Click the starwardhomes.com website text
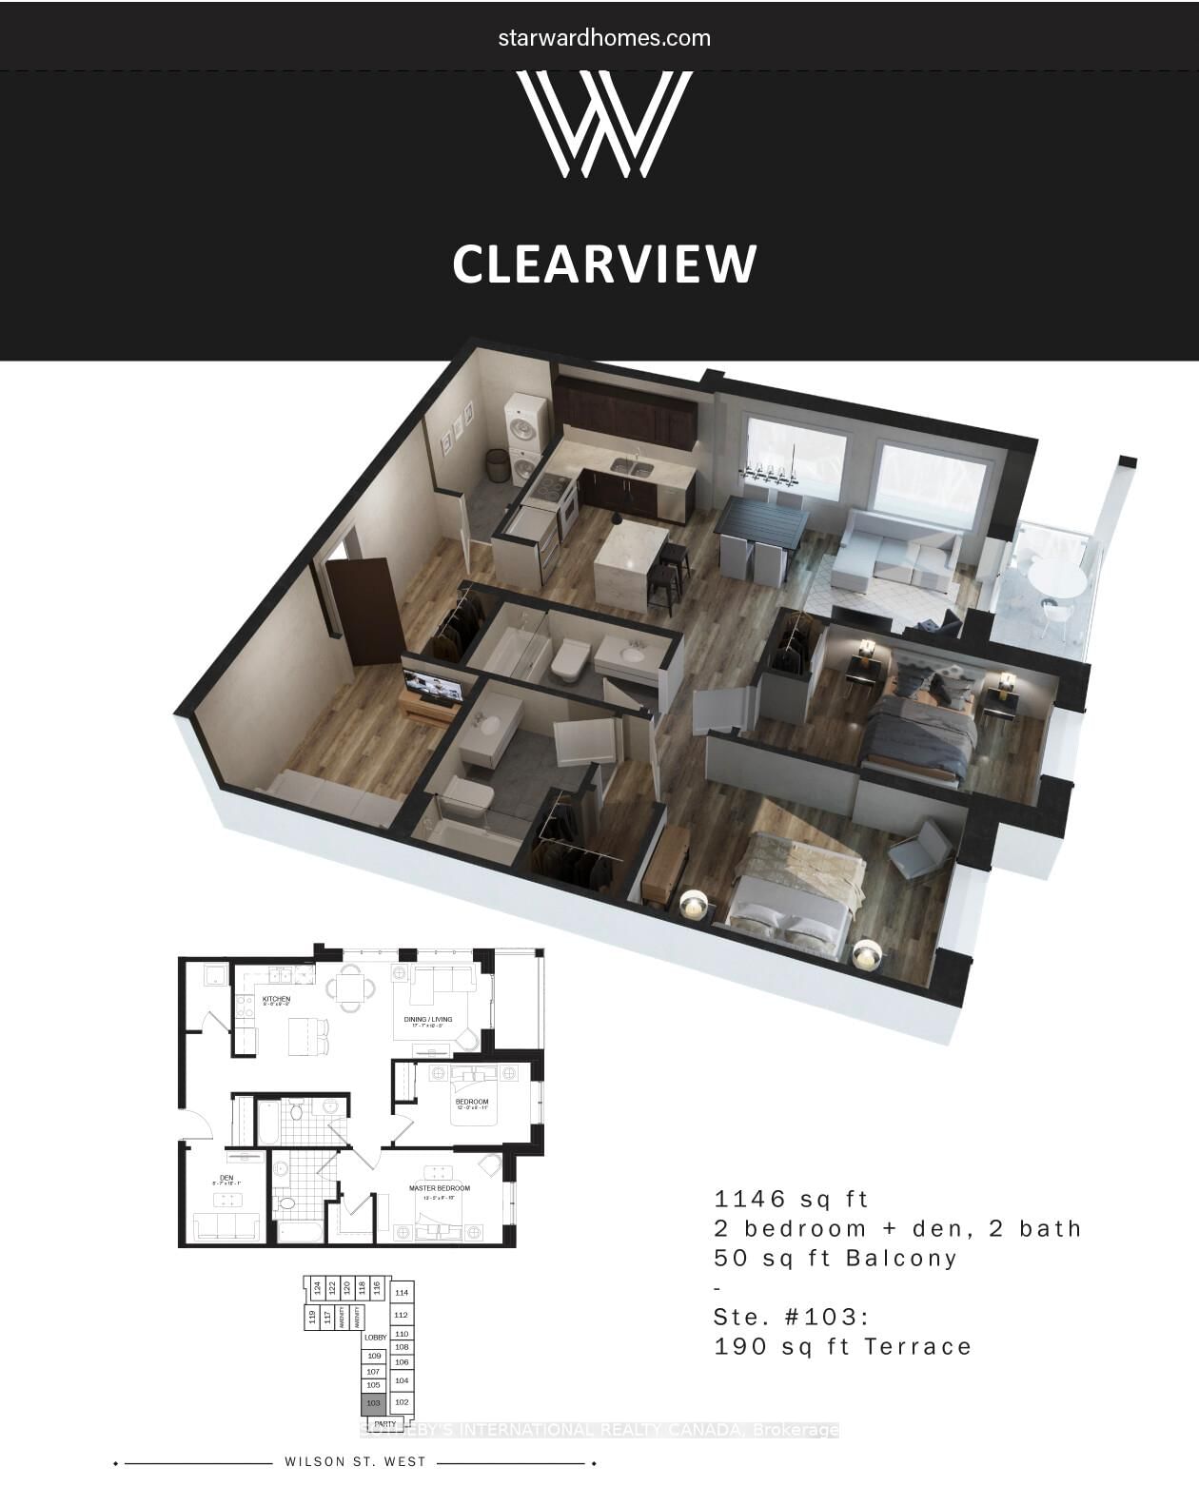pyautogui.click(x=604, y=38)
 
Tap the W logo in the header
pyautogui.click(x=604, y=124)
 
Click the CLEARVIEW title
pyautogui.click(x=604, y=264)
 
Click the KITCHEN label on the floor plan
pyautogui.click(x=276, y=999)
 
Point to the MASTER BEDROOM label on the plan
pyautogui.click(x=440, y=1188)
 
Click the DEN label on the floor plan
pyautogui.click(x=226, y=1178)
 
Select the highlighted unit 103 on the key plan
pyautogui.click(x=373, y=1403)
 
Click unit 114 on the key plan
pyautogui.click(x=403, y=1293)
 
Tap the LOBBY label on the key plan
pyautogui.click(x=376, y=1338)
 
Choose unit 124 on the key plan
pyautogui.click(x=316, y=1289)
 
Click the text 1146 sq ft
pyautogui.click(x=792, y=1199)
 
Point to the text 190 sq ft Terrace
pyautogui.click(x=843, y=1347)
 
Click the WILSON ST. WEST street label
pyautogui.click(x=355, y=1462)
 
